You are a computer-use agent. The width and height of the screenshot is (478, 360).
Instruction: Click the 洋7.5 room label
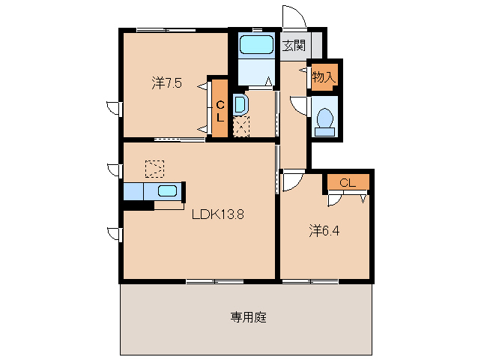(166, 83)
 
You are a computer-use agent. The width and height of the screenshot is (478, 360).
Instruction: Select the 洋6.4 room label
(324, 231)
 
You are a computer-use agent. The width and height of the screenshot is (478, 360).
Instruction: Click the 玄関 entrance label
(293, 45)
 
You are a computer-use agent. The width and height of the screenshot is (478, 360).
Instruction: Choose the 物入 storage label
(323, 76)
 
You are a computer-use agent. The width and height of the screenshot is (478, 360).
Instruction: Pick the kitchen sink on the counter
(167, 190)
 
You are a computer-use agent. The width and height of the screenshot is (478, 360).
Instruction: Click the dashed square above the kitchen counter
(154, 168)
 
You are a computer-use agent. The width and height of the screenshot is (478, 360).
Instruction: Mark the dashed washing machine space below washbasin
(241, 126)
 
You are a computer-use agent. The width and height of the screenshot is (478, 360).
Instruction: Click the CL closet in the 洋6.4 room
(347, 182)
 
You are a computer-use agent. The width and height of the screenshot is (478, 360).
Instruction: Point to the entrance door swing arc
(293, 16)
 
